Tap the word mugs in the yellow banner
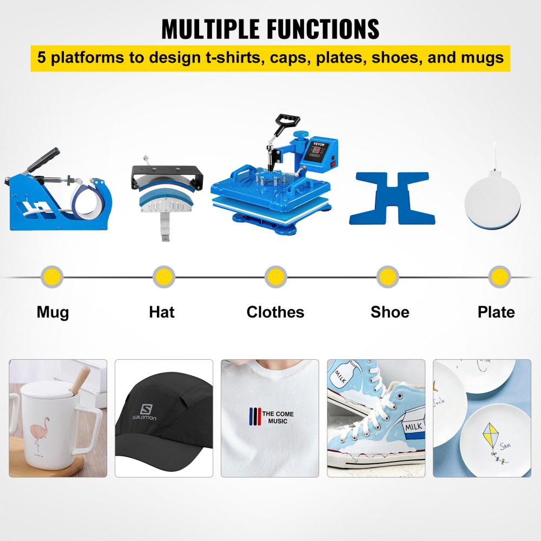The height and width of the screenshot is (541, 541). [x=481, y=57]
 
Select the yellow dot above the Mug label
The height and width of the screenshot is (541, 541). [x=52, y=277]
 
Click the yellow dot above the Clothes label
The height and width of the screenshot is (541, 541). [x=275, y=277]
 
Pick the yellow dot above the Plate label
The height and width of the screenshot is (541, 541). [x=499, y=277]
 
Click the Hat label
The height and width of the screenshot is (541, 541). [x=162, y=312]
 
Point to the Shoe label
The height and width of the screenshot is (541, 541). [x=390, y=312]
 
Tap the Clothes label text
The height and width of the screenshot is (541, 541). [x=275, y=312]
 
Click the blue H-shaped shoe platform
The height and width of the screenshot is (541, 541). [x=392, y=198]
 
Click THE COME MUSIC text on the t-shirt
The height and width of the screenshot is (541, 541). [x=278, y=417]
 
